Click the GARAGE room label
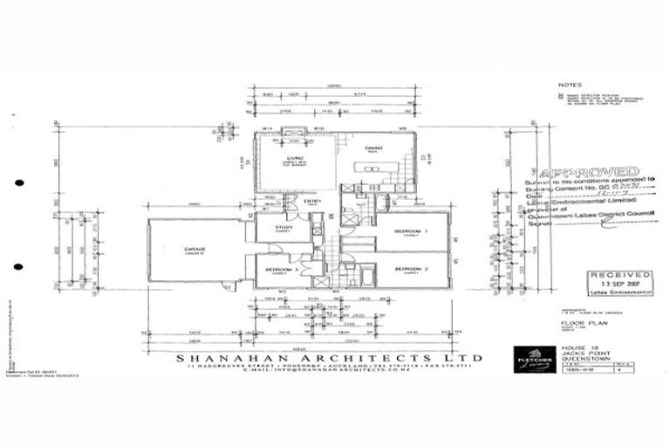point(194,249)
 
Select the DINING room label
point(373,148)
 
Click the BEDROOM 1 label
point(407,230)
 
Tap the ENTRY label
point(313,202)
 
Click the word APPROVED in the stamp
point(588,172)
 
